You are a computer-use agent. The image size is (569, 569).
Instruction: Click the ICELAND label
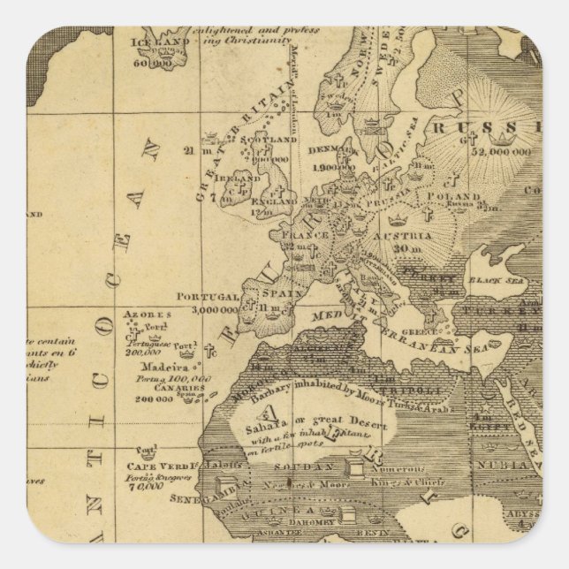click(x=159, y=41)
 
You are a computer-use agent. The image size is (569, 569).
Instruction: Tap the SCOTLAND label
click(x=269, y=140)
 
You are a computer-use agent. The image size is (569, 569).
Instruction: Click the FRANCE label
click(x=299, y=236)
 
